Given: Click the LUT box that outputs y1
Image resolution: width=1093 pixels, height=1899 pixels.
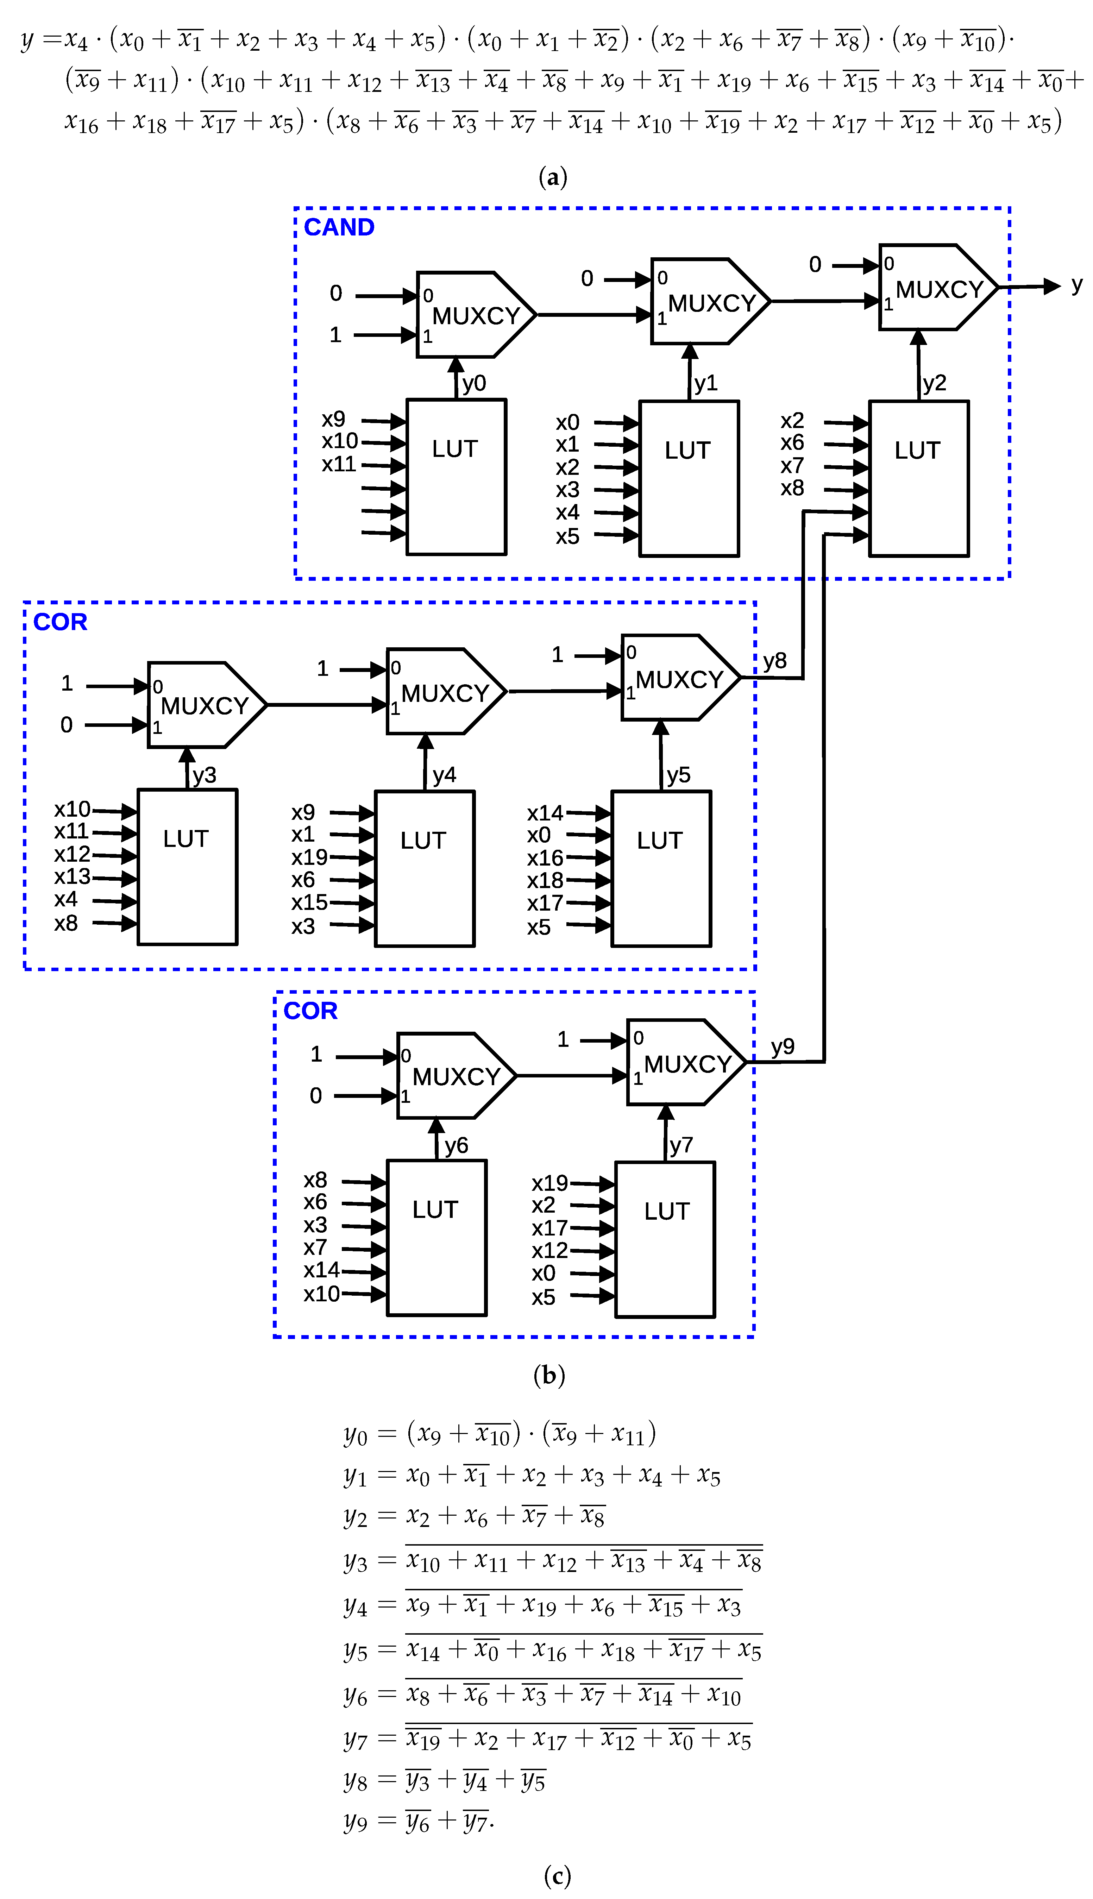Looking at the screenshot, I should point(689,478).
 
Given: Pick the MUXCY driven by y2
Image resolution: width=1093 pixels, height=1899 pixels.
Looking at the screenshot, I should point(937,288).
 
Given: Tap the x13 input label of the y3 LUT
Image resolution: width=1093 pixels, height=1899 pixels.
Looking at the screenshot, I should point(72,877).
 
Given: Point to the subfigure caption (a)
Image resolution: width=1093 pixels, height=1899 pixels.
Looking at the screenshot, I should point(553,177).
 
